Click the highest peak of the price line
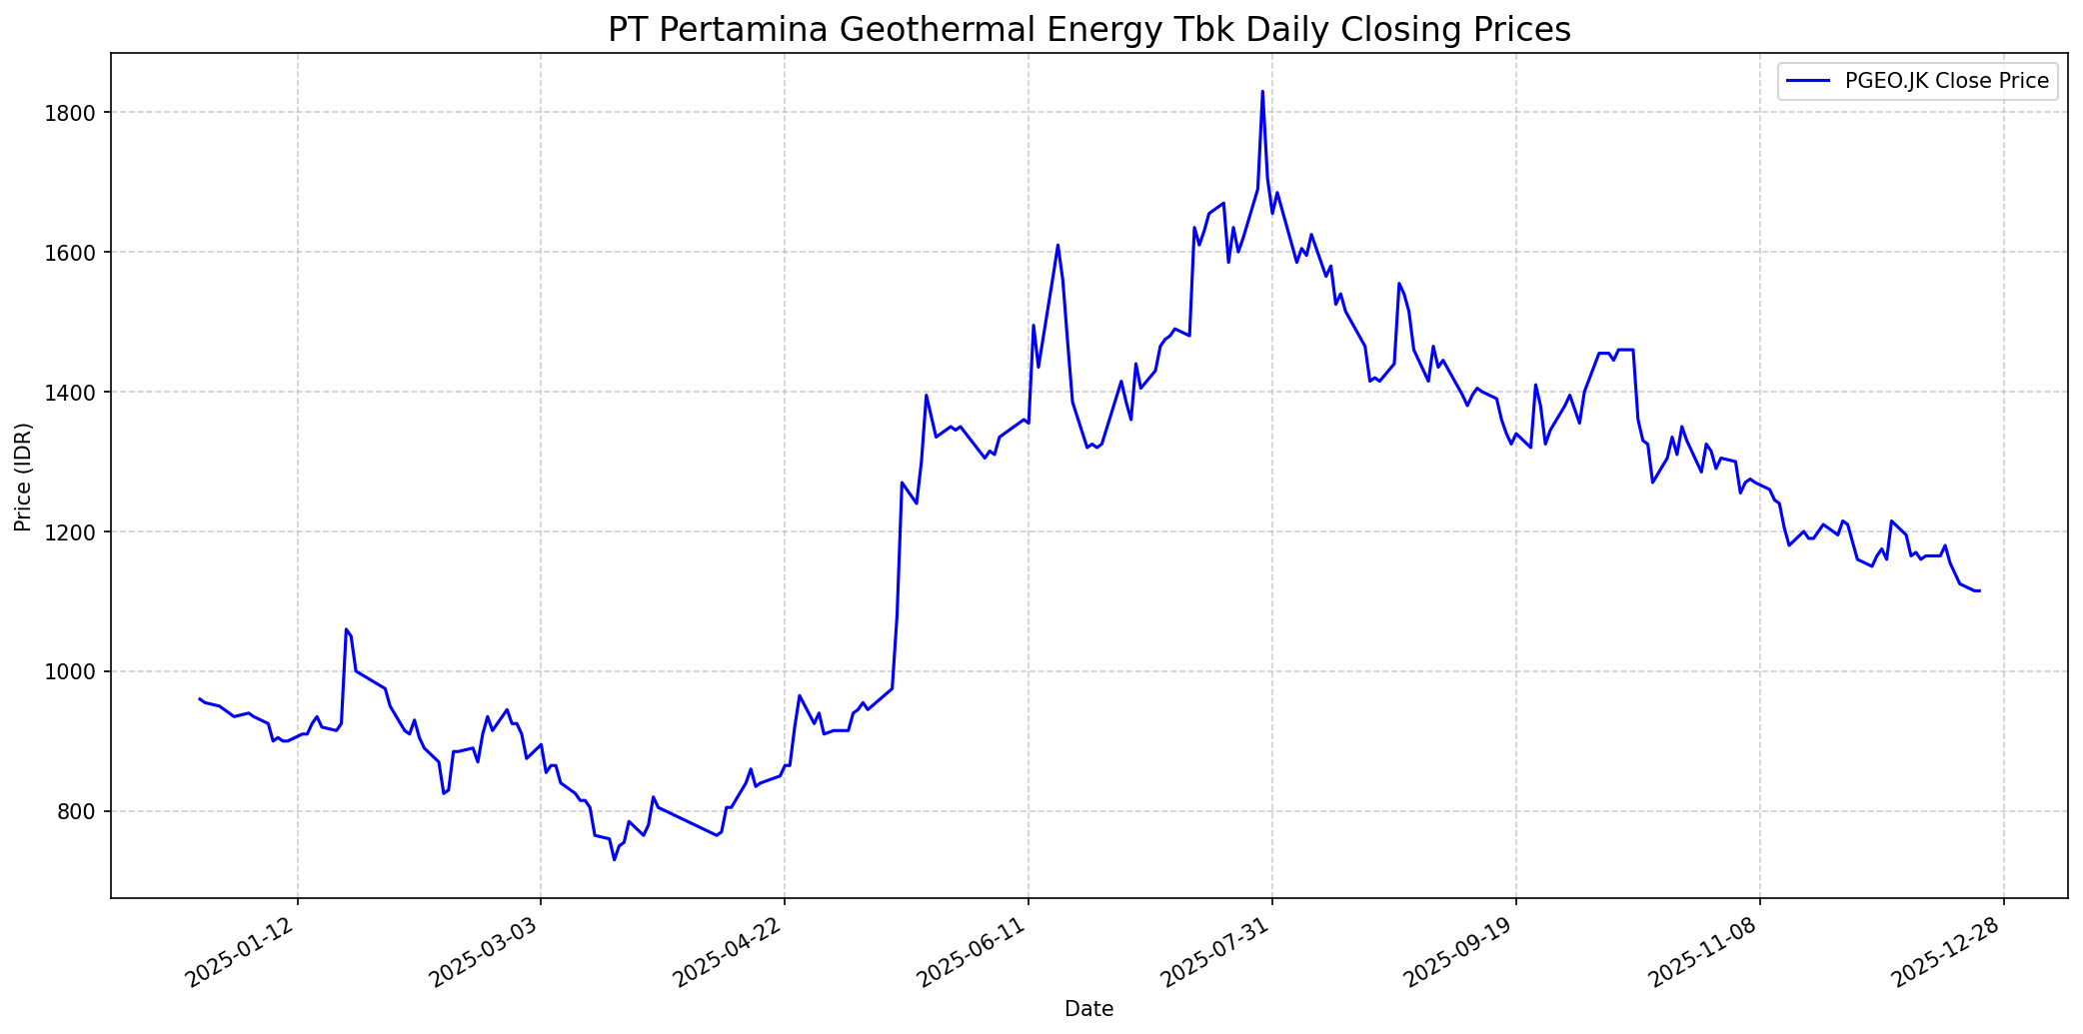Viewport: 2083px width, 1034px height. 1262,92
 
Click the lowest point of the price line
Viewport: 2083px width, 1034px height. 615,859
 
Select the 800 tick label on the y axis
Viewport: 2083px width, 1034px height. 80,811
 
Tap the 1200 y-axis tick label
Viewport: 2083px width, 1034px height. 75,531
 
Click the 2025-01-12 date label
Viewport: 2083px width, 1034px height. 242,955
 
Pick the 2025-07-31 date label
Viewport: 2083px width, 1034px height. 1216,955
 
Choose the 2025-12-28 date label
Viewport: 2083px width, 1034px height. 1948,955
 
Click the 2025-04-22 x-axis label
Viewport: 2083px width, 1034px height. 730,955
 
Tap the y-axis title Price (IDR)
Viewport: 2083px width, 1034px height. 23,477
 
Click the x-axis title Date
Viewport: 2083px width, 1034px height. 1088,1009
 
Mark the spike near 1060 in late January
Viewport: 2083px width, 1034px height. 346,629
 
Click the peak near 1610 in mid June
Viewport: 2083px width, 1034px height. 1057,245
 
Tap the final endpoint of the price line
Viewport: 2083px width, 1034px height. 1979,590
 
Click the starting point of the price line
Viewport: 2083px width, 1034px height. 200,699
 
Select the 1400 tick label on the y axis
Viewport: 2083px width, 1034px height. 75,392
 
